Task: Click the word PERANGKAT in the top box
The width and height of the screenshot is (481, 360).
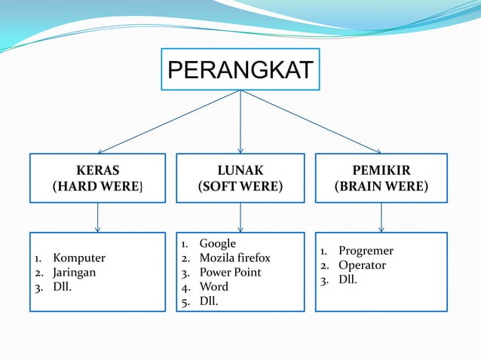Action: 240,70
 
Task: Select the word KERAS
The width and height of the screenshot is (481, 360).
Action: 97,170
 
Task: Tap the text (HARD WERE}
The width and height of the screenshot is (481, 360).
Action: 97,186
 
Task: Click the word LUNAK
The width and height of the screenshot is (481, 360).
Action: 240,170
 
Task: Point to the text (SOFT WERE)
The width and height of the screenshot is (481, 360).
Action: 240,186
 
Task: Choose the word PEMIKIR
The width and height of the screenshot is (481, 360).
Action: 381,170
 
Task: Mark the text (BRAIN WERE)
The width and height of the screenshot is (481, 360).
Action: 381,186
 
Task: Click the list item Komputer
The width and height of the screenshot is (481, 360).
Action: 79,258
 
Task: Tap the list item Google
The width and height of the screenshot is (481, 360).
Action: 217,243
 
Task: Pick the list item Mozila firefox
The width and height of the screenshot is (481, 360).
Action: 234,258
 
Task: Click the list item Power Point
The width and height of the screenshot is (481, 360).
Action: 230,272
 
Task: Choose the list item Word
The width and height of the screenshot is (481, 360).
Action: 213,286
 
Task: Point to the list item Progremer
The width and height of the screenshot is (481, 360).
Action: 366,251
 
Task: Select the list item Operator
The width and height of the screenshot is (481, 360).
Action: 362,265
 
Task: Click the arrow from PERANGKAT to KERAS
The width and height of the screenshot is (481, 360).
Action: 170,121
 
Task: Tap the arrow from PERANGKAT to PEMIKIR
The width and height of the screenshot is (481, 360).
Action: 311,121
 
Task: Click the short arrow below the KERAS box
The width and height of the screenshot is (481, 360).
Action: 97,218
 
